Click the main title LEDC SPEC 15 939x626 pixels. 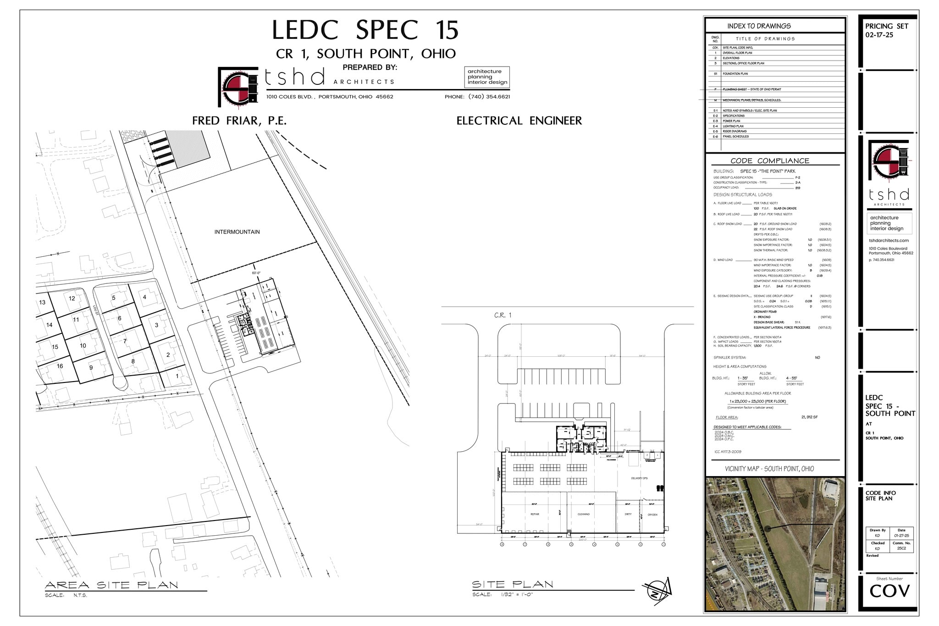365,30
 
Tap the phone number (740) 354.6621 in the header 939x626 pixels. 489,97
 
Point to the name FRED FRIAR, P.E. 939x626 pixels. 239,121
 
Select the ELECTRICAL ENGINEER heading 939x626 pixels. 519,121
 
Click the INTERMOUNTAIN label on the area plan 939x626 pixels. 237,232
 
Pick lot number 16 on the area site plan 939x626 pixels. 60,366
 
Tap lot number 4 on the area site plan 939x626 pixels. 144,297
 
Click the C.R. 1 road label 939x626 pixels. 503,315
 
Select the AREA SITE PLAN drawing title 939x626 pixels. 111,585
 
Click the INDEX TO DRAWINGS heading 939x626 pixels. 759,26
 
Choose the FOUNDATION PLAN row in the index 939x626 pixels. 735,74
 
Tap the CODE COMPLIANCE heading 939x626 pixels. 770,161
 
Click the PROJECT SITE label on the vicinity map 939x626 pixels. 810,520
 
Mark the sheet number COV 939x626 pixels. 889,592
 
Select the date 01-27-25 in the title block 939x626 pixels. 901,535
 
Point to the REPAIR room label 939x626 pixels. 535,514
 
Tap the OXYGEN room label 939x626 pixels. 652,515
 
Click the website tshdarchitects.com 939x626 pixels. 889,240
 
